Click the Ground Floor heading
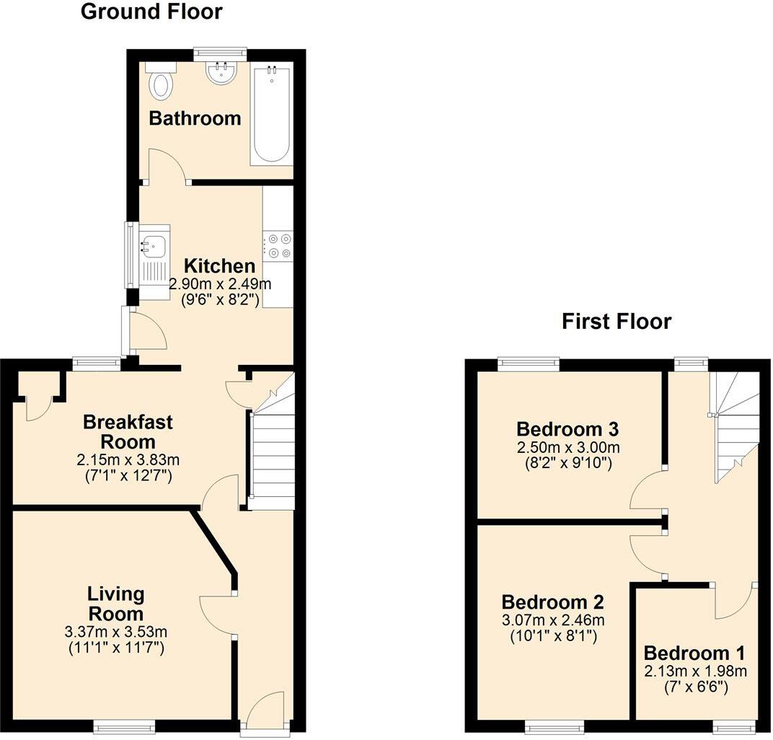[151, 12]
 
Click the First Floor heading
[617, 321]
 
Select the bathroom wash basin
[221, 73]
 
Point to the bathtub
[272, 115]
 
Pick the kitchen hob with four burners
[278, 244]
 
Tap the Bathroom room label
[195, 118]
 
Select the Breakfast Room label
[128, 431]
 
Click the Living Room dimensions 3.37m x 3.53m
[115, 633]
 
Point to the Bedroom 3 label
[567, 429]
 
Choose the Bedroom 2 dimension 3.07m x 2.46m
[553, 620]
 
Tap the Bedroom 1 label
[694, 653]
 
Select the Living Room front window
[124, 728]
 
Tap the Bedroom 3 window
[529, 364]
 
